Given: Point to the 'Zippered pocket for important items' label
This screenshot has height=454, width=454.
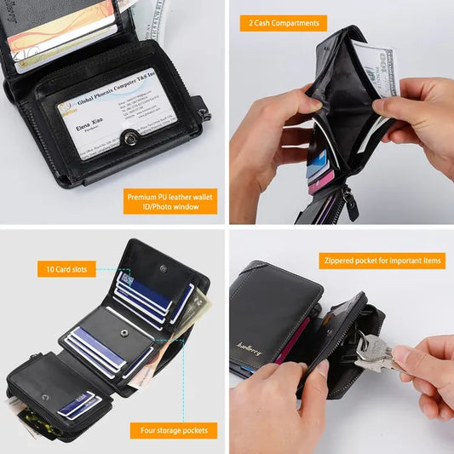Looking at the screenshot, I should [x=382, y=261].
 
